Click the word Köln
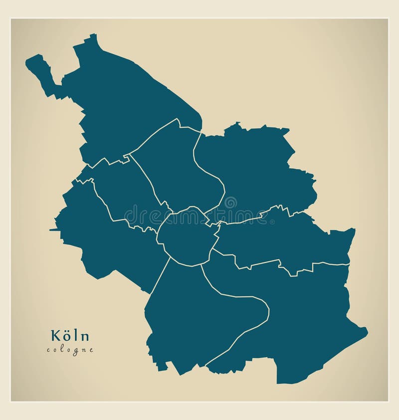pyautogui.click(x=69, y=336)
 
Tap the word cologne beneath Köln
pyautogui.click(x=70, y=350)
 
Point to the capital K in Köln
pyautogui.click(x=53, y=336)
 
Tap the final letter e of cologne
pyautogui.click(x=91, y=350)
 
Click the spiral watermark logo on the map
pyautogui.click(x=230, y=203)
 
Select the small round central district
pyautogui.click(x=186, y=237)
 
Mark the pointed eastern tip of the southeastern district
pyautogui.click(x=366, y=330)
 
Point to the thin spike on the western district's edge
pyautogui.click(x=52, y=230)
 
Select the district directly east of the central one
pyautogui.click(x=284, y=239)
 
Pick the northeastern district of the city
pyautogui.click(x=259, y=170)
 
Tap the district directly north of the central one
pyautogui.click(x=180, y=165)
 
